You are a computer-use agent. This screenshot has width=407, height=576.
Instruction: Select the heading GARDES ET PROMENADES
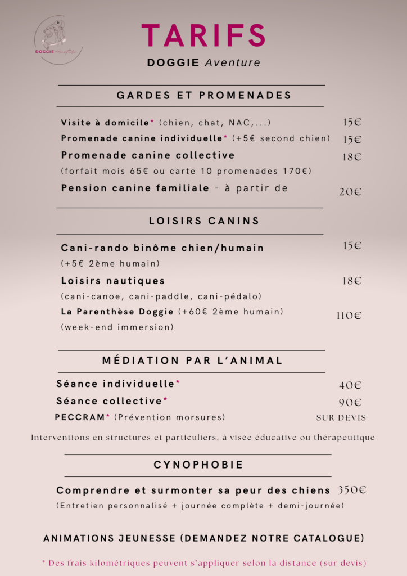click(x=204, y=96)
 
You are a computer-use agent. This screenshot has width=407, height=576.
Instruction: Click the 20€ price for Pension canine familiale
click(x=350, y=192)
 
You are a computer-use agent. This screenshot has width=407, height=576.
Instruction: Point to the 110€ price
click(x=349, y=316)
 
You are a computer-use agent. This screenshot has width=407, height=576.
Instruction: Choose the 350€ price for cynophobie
click(x=352, y=490)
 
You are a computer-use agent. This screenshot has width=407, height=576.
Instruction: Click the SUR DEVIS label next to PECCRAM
click(x=341, y=418)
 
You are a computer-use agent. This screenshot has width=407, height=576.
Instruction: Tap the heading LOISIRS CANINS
click(x=204, y=221)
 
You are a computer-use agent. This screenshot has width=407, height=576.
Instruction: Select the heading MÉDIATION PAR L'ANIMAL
click(x=192, y=361)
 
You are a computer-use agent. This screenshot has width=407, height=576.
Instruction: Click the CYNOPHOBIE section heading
click(x=198, y=465)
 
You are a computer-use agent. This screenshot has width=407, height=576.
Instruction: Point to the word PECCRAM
click(x=80, y=417)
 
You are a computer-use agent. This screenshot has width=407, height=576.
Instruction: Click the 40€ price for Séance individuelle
click(x=350, y=386)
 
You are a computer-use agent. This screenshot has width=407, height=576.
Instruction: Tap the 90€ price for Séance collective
click(x=350, y=403)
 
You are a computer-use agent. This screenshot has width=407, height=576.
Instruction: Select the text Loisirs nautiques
click(x=113, y=281)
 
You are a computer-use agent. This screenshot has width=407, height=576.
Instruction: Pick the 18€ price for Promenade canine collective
click(x=352, y=157)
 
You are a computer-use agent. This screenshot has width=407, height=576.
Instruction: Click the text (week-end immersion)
click(x=117, y=327)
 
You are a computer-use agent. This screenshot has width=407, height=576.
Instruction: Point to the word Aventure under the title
click(x=232, y=63)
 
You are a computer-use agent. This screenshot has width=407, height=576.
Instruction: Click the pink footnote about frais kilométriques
click(x=204, y=563)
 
